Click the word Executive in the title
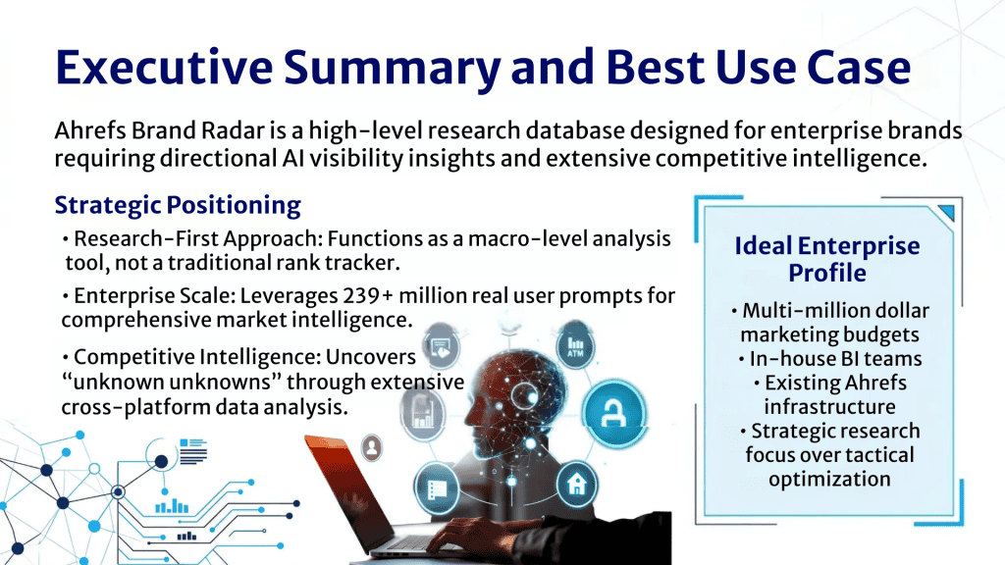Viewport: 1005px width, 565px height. [x=164, y=68]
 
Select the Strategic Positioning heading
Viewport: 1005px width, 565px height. [x=178, y=205]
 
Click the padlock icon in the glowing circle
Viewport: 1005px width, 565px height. [x=614, y=413]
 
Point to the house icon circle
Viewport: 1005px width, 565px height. [x=576, y=485]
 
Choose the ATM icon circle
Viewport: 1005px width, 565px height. [x=575, y=346]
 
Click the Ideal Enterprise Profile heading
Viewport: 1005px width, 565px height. [x=826, y=259]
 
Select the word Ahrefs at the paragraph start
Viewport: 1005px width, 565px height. [x=90, y=130]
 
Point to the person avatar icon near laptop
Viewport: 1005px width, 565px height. [x=372, y=446]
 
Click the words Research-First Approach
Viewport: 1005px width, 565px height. [x=196, y=239]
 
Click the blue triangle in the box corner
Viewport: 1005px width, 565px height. [x=947, y=212]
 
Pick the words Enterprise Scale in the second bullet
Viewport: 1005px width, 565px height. [x=154, y=296]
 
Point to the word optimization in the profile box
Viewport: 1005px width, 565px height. [x=829, y=479]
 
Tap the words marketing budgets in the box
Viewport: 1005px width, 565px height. [x=829, y=334]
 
